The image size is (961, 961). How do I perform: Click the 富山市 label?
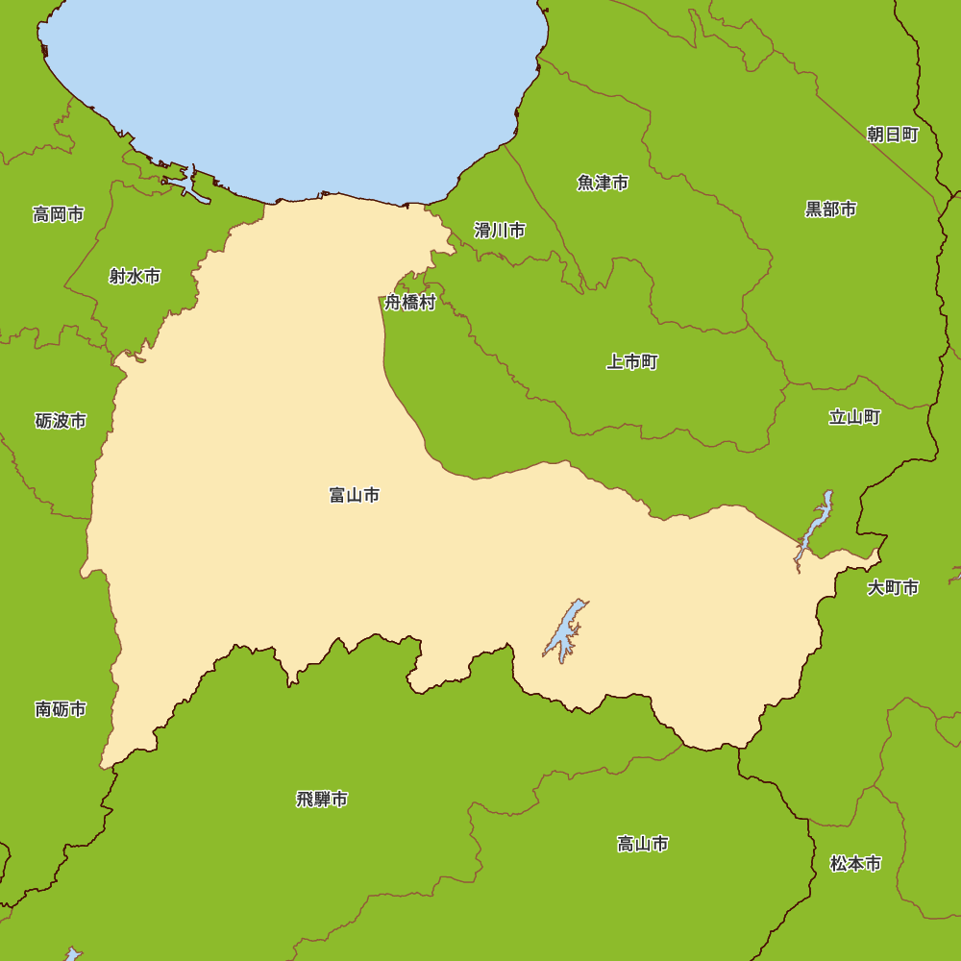pos(354,496)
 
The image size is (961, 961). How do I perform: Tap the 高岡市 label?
pos(59,214)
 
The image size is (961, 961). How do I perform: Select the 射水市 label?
pos(135,277)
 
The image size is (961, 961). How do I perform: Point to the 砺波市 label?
pos(61,421)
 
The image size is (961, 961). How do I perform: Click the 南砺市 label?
pos(61,709)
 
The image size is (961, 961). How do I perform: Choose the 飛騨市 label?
pos(322,799)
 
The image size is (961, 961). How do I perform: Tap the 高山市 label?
pos(643,844)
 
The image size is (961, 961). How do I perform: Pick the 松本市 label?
pos(855,864)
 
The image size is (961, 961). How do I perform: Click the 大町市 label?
pos(893,587)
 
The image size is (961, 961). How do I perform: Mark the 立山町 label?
pos(854,417)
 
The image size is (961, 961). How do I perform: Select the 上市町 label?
pos(632,362)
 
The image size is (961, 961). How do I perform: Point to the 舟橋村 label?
pos(410,303)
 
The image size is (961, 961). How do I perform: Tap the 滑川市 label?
pos(500,231)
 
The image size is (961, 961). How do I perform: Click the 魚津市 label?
pos(603,183)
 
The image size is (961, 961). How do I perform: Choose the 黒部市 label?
pos(830,209)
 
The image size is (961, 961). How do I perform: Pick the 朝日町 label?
pos(893,135)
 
